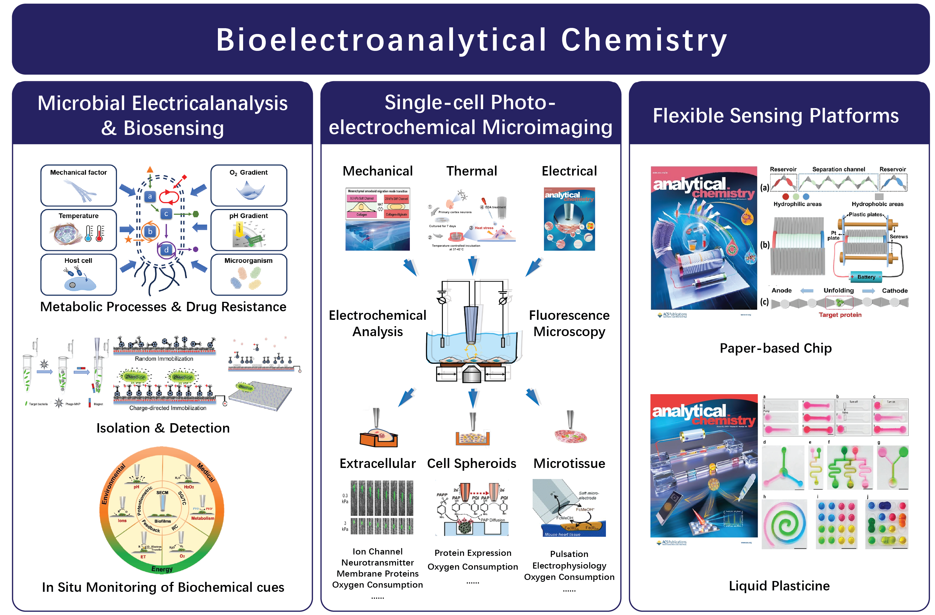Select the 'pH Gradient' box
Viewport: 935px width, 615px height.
pos(249,230)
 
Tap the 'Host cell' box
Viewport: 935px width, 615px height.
pos(79,274)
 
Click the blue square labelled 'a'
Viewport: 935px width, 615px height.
pos(150,196)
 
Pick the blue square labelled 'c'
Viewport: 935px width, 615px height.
pos(166,214)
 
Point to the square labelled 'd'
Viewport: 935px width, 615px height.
pos(166,249)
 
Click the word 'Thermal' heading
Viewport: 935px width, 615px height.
pos(472,171)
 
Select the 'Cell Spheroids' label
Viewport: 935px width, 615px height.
pos(472,464)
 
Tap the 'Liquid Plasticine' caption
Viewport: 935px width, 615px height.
pos(779,585)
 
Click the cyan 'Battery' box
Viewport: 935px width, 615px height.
pos(866,277)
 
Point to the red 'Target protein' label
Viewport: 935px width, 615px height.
pos(840,315)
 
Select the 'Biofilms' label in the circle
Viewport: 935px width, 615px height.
pos(163,521)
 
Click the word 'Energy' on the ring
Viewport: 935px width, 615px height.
pos(162,569)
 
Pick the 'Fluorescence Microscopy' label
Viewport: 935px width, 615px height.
pos(569,323)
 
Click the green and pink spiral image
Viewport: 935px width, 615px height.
pos(784,524)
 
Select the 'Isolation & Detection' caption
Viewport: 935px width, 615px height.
pos(163,428)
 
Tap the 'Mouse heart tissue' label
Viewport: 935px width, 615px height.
pos(562,534)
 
